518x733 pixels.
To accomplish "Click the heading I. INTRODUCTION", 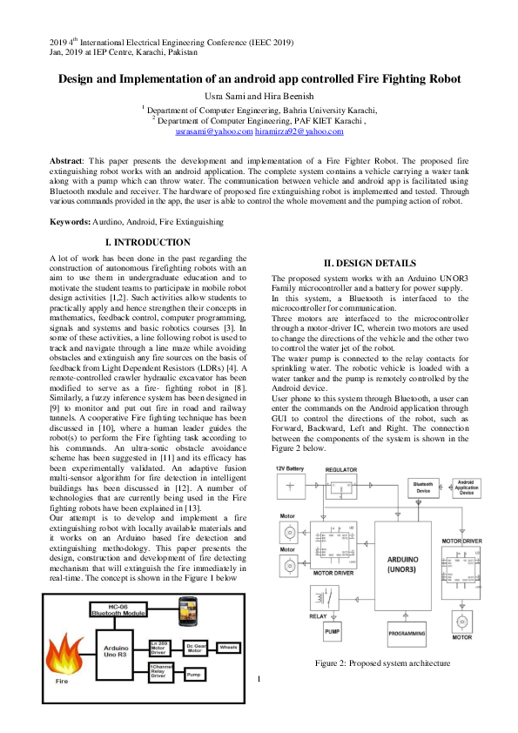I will [148, 242].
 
